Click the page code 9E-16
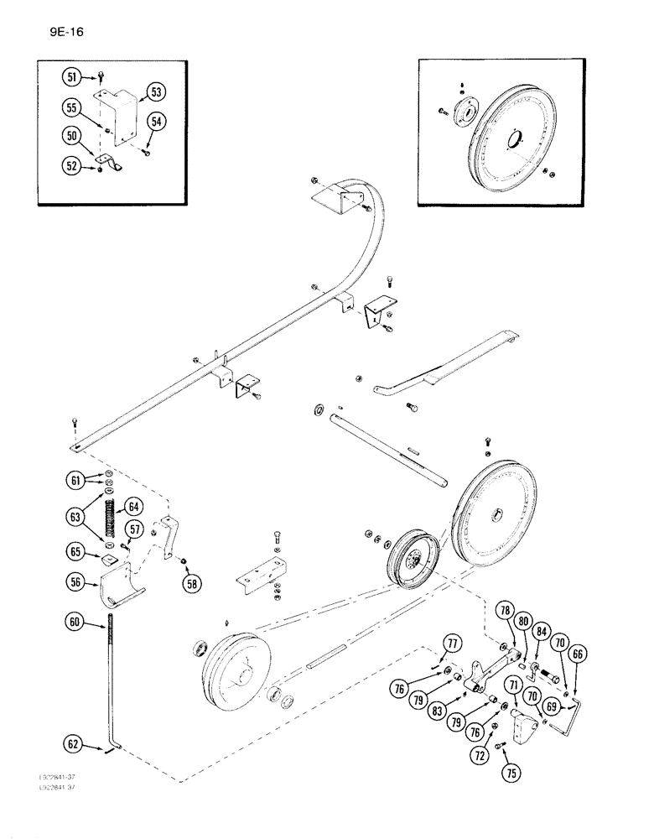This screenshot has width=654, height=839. (x=61, y=33)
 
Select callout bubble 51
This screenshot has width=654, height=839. (x=73, y=77)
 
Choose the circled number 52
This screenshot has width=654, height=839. (x=73, y=167)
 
